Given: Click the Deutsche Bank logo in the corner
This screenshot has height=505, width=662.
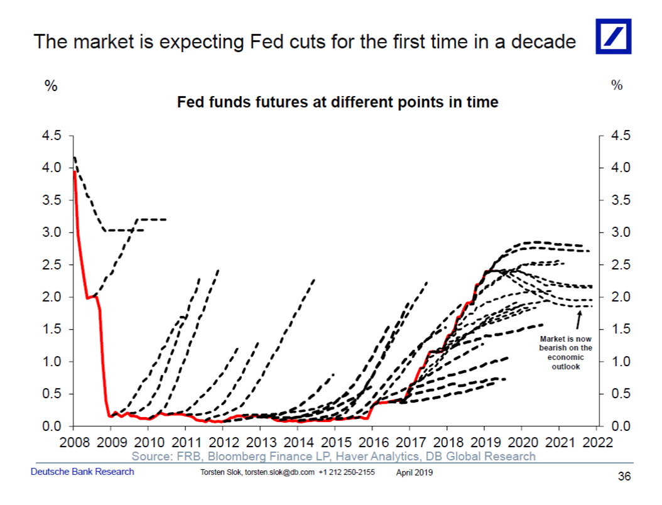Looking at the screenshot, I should pos(614,36).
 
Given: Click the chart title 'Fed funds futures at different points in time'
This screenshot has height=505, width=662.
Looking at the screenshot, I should pos(337,102).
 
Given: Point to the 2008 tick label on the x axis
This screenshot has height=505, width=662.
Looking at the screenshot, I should pos(73,442).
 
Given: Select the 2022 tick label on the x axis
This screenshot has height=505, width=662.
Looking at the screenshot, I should pos(597,442).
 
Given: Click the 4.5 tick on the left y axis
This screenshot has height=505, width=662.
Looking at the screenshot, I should pos(52,136).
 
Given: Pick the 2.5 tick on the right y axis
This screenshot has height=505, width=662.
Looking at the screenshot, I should pos(621,265).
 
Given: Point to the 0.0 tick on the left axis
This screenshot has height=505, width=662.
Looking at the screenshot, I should pos(52,426).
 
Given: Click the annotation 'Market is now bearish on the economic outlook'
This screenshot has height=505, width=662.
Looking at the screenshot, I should pos(565,352).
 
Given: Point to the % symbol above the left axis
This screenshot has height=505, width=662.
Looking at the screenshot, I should pos(51,87).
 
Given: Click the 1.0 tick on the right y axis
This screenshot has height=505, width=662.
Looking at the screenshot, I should pos(621,362).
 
